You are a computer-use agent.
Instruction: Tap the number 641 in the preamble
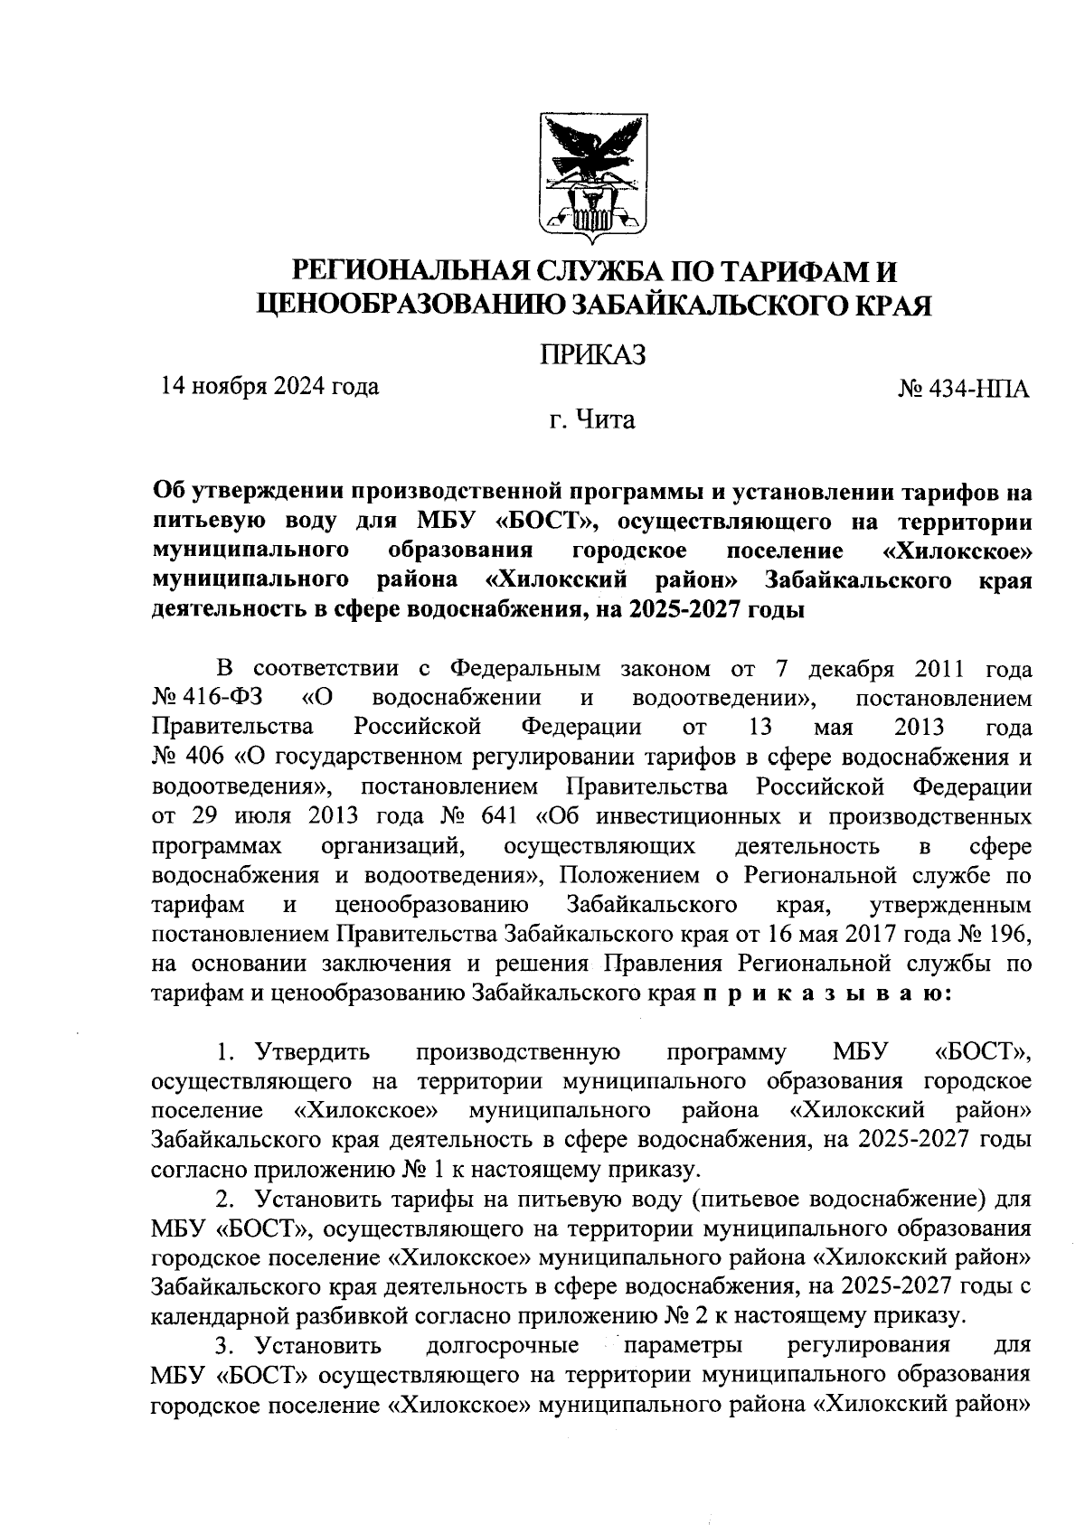[x=497, y=816]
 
